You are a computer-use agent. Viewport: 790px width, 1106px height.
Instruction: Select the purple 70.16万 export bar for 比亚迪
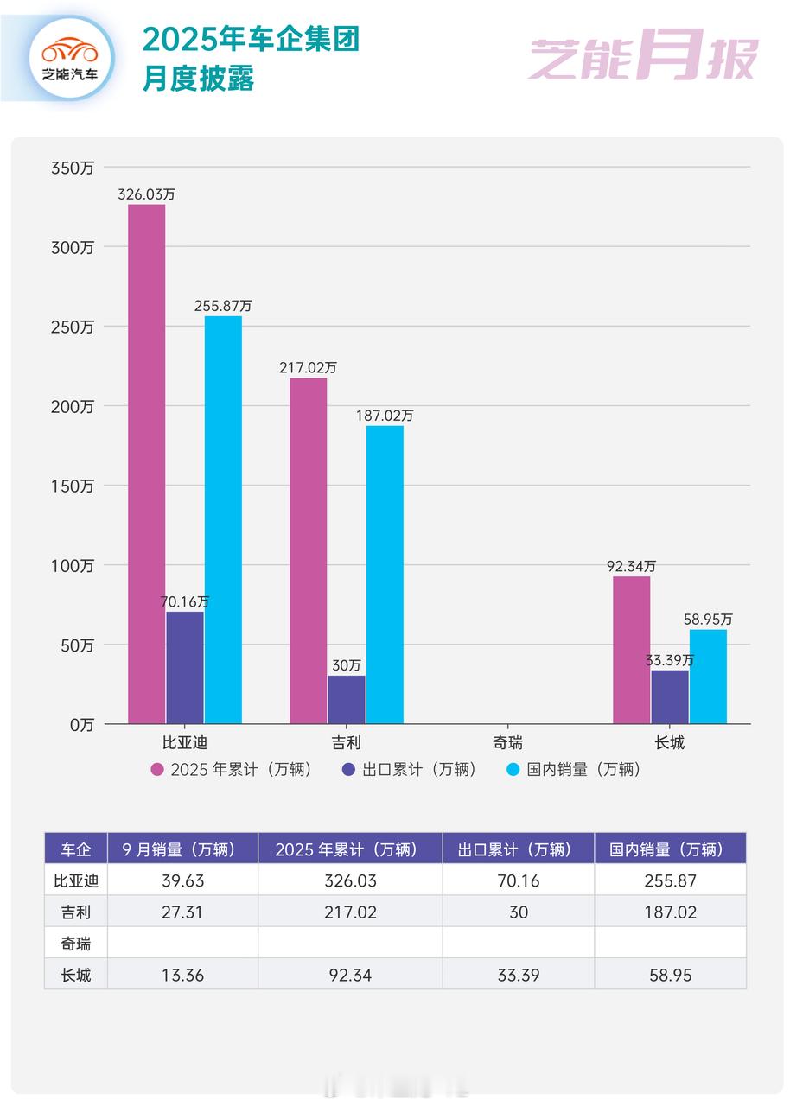pyautogui.click(x=185, y=667)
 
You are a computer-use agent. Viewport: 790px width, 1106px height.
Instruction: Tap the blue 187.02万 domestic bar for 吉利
pyautogui.click(x=385, y=575)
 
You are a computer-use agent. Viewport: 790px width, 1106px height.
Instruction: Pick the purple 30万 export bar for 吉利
pyautogui.click(x=347, y=699)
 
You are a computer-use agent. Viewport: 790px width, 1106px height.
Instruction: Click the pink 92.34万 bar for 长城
pyautogui.click(x=631, y=650)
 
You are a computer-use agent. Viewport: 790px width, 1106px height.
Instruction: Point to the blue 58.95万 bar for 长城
pyautogui.click(x=708, y=677)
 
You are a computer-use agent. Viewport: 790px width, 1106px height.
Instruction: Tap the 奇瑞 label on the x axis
pyautogui.click(x=508, y=742)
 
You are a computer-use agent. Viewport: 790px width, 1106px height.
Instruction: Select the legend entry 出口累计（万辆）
pyautogui.click(x=409, y=769)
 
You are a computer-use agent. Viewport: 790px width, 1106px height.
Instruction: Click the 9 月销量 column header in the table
pyautogui.click(x=182, y=849)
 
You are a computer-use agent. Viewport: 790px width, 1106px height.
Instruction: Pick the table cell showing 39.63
pyautogui.click(x=182, y=880)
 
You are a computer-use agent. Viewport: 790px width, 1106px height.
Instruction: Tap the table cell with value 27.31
pyautogui.click(x=182, y=912)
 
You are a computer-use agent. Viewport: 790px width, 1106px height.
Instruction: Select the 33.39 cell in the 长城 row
pyautogui.click(x=519, y=976)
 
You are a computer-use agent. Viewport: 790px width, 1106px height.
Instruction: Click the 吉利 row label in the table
pyautogui.click(x=76, y=912)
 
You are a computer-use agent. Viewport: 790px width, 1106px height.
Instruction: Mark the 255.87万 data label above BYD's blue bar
pyautogui.click(x=223, y=306)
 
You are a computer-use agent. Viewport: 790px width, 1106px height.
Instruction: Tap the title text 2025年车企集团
pyautogui.click(x=251, y=40)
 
